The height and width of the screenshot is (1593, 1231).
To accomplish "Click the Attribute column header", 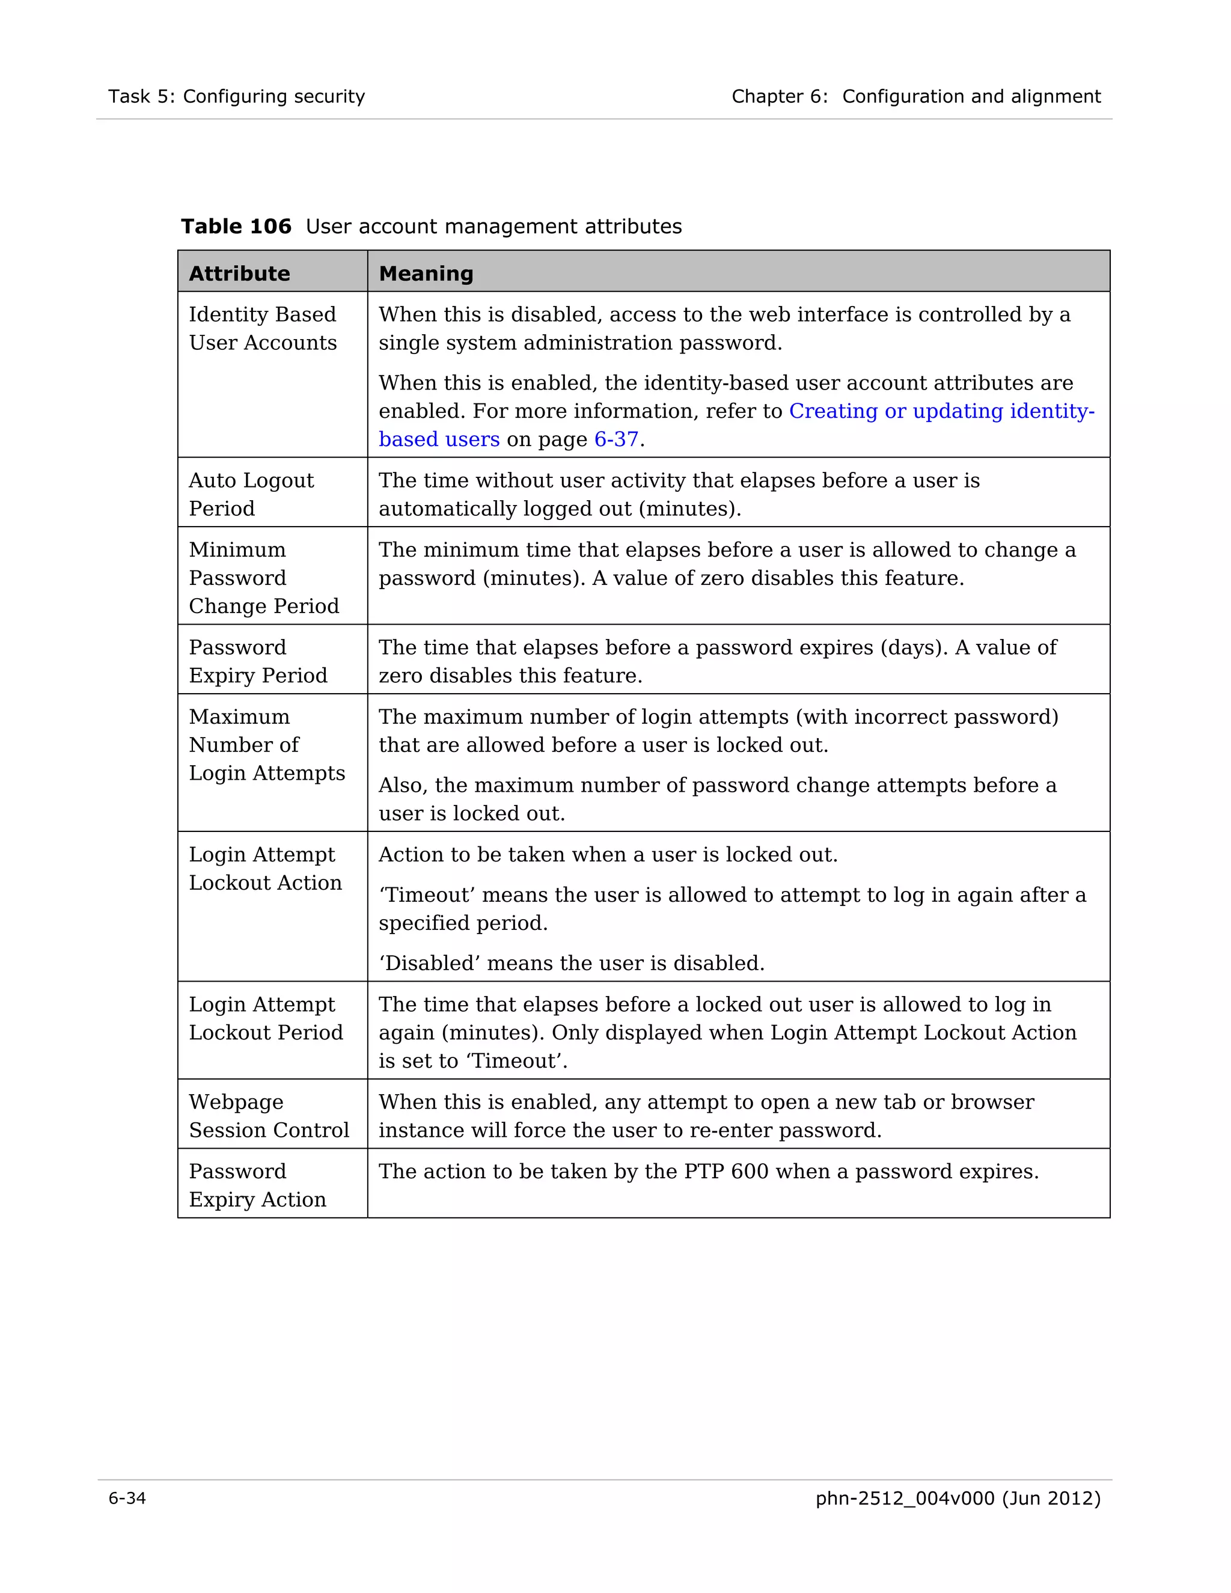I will click(239, 274).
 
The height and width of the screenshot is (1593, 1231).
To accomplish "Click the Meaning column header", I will click(426, 274).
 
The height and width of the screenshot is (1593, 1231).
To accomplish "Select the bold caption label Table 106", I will click(236, 227).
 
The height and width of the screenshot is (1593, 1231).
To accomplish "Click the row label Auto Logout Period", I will click(251, 495).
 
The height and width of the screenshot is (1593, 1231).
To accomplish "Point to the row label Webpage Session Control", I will click(268, 1116).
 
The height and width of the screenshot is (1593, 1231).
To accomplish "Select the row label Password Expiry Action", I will click(257, 1185).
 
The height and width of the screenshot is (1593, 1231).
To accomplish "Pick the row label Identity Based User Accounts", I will click(263, 328).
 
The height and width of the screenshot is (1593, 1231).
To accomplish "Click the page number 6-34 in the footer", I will click(127, 1498).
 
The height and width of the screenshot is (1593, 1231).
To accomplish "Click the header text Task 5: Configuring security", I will click(236, 96).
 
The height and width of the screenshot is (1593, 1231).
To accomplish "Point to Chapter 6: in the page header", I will click(780, 96).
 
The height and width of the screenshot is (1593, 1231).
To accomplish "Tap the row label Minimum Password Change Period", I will click(263, 578).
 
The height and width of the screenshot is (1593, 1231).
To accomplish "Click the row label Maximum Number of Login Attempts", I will click(266, 745).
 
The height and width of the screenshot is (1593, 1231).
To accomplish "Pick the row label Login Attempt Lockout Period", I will click(266, 1019).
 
